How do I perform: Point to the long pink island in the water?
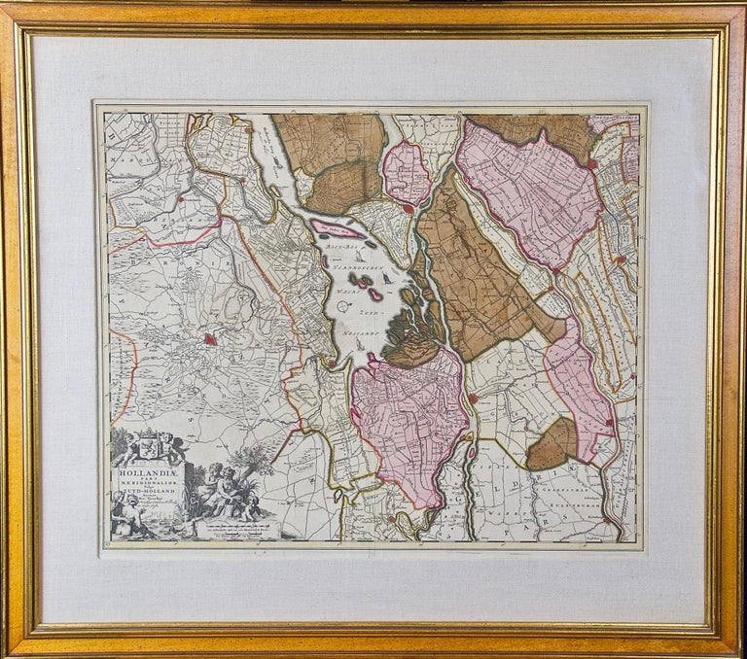338,230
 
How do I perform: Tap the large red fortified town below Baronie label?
211,339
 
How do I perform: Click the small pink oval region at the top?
407,173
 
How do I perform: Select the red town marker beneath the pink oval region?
409,207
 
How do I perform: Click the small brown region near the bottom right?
552,445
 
